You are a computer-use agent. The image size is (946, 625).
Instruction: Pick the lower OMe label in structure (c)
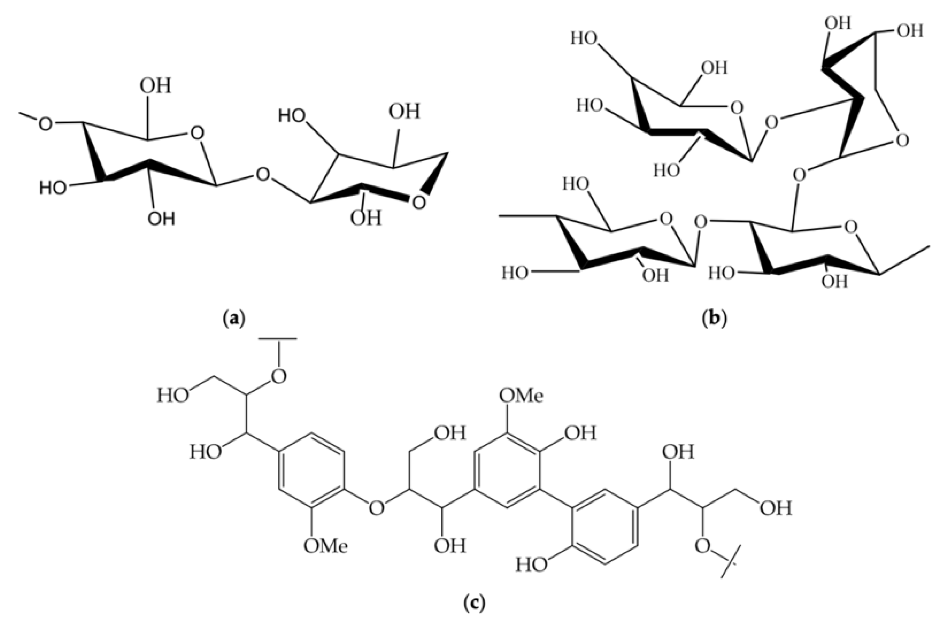(325, 546)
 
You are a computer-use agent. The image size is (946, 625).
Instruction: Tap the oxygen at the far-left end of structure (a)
(45, 124)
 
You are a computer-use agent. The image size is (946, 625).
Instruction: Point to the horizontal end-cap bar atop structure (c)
(278, 339)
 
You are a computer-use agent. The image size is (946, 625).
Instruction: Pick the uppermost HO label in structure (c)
(173, 396)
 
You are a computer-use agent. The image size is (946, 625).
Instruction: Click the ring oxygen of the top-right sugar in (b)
(903, 140)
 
